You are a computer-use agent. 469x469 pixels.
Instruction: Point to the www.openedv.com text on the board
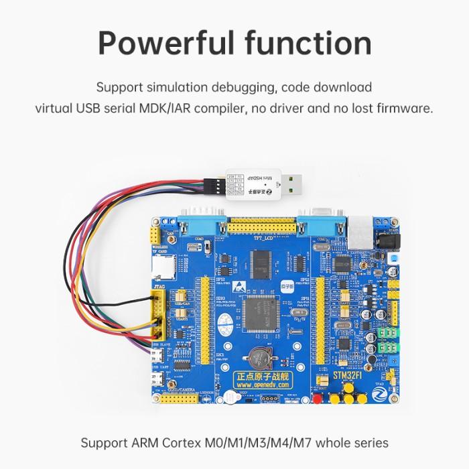[259, 385]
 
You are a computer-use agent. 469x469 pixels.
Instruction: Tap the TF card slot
[161, 267]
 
